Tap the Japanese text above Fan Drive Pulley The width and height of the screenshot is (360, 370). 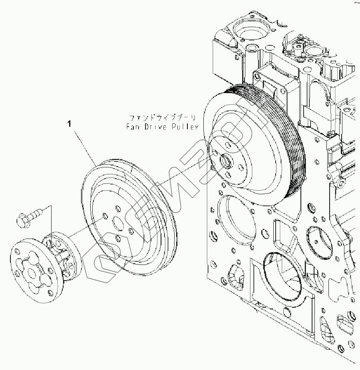tap(163, 118)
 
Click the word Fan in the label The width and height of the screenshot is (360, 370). tap(131, 127)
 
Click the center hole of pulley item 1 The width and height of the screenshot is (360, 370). tap(118, 223)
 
